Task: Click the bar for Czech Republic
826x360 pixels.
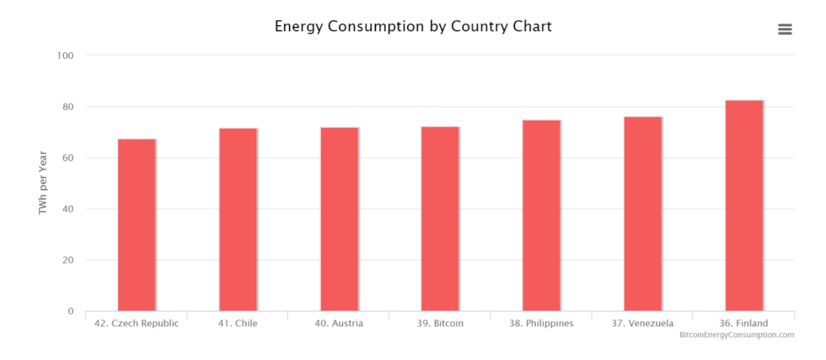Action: pyautogui.click(x=137, y=225)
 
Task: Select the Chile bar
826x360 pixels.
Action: pyautogui.click(x=238, y=220)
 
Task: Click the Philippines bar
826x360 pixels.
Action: pyautogui.click(x=541, y=216)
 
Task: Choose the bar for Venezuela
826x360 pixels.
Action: pyautogui.click(x=642, y=214)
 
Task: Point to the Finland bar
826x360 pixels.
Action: pyautogui.click(x=743, y=206)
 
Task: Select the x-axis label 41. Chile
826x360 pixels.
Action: pyautogui.click(x=238, y=323)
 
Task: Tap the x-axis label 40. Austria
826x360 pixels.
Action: pyautogui.click(x=339, y=323)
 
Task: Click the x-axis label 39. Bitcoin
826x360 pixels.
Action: pyautogui.click(x=440, y=323)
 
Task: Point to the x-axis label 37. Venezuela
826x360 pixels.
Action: pyautogui.click(x=642, y=323)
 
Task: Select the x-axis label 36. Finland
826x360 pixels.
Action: pyautogui.click(x=743, y=323)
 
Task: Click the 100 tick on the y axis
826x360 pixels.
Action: pyautogui.click(x=66, y=56)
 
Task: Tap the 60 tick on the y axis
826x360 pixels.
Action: pyautogui.click(x=68, y=159)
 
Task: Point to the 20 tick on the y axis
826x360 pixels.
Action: pyautogui.click(x=68, y=261)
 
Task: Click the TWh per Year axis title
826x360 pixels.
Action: pyautogui.click(x=43, y=184)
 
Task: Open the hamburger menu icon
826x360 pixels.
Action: pyautogui.click(x=785, y=30)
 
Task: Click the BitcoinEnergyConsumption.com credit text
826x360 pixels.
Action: pyautogui.click(x=737, y=335)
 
